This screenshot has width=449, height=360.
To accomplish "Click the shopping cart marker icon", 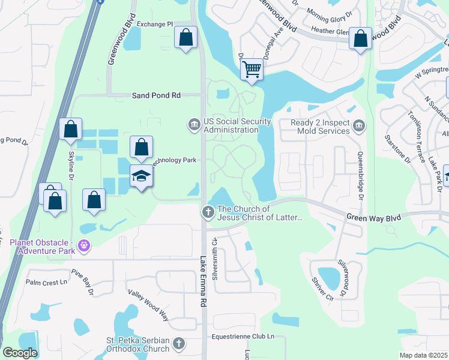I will click(253, 70).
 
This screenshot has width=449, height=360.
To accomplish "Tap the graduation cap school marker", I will click(141, 176).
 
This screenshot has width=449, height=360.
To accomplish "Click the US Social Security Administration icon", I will click(194, 125).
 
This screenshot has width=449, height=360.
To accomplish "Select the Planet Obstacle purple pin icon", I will click(85, 246).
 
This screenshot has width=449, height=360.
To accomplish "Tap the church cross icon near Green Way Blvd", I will click(208, 212).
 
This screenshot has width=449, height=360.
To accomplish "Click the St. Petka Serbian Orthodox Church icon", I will click(178, 343).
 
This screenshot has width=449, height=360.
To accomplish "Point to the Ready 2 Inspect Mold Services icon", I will click(358, 125).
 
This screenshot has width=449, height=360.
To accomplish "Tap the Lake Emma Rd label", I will click(203, 281).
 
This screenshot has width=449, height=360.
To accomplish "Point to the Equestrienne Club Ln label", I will click(243, 337).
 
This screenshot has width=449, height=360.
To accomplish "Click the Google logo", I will click(20, 353).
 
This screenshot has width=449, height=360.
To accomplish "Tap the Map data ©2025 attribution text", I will click(423, 355).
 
